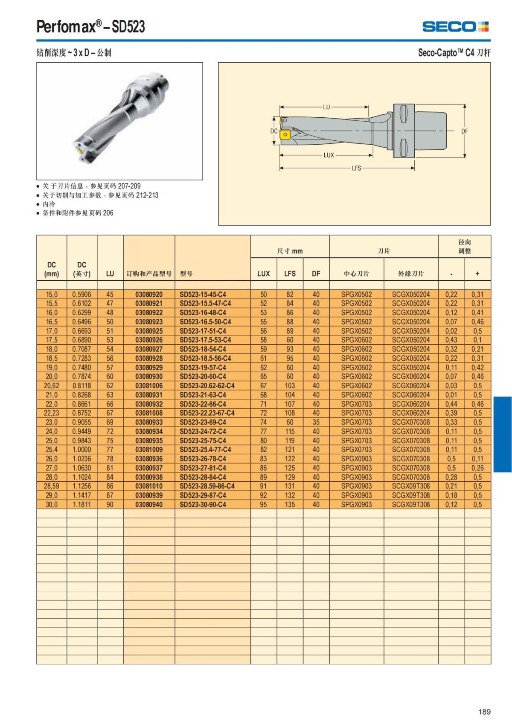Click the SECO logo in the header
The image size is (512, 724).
tap(455, 27)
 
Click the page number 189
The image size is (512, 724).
tap(484, 712)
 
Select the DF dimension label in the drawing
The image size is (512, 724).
tap(464, 131)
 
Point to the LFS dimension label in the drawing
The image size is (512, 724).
tap(356, 168)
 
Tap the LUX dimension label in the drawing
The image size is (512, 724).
tap(329, 155)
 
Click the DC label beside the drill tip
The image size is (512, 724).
tap(274, 131)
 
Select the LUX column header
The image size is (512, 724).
tap(263, 273)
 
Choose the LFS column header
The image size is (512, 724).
tap(290, 273)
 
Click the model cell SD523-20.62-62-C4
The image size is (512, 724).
tap(207, 386)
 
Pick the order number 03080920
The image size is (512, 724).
tap(149, 294)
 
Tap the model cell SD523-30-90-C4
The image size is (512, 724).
tap(203, 504)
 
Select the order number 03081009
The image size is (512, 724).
tap(149, 450)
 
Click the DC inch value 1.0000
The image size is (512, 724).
tap(81, 450)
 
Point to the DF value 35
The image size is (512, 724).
tap(316, 422)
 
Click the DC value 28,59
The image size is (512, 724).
tap(51, 486)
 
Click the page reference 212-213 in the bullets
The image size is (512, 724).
tap(147, 195)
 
